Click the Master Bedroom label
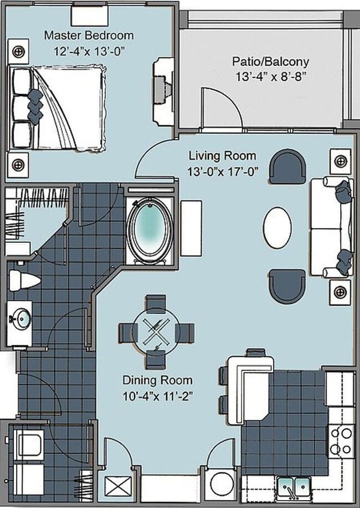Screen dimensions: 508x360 pos(89,35)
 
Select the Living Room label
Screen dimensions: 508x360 pos(222,156)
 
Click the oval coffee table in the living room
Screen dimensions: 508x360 pos(277,227)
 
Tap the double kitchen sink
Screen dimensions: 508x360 pos(294,487)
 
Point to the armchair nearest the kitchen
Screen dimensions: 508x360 pos(287,286)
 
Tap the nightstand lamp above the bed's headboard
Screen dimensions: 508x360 pos(18,51)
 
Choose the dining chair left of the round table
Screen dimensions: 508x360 pos(128,333)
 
